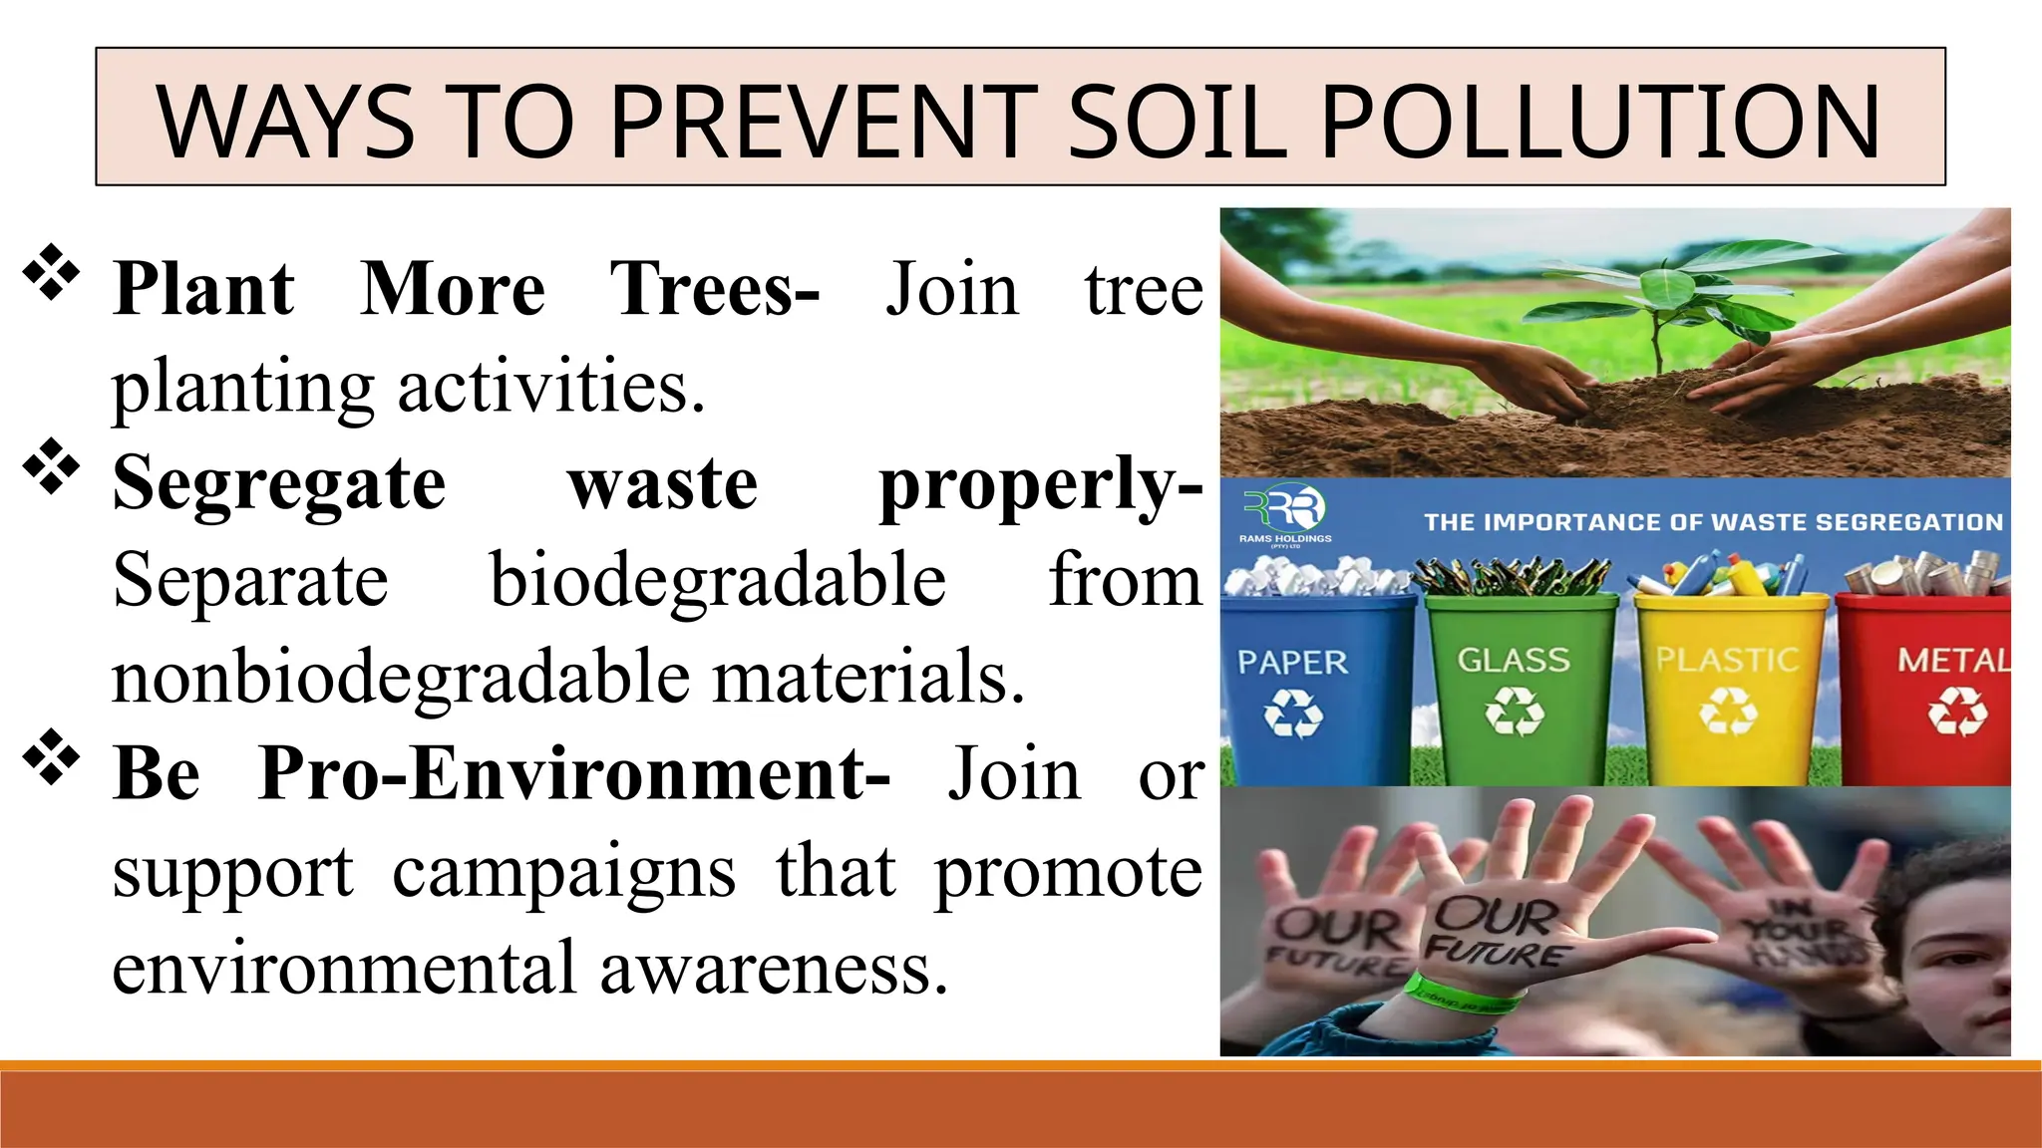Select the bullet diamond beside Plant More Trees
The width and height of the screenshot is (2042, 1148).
[x=51, y=273]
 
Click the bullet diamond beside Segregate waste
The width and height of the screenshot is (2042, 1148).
[x=51, y=467]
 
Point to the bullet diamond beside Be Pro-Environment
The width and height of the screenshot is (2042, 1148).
[x=51, y=758]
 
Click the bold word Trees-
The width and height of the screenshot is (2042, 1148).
[x=714, y=289]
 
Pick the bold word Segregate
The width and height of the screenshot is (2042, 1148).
[x=279, y=483]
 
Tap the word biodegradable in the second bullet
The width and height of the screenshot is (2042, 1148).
[x=718, y=580]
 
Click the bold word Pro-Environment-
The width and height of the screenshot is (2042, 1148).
[x=574, y=773]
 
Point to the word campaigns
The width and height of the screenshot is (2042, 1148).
[x=564, y=871]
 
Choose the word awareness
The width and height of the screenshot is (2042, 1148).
[x=774, y=968]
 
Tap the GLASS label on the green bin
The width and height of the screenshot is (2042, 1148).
[x=1514, y=660]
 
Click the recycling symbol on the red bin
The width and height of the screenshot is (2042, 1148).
[x=1956, y=714]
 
